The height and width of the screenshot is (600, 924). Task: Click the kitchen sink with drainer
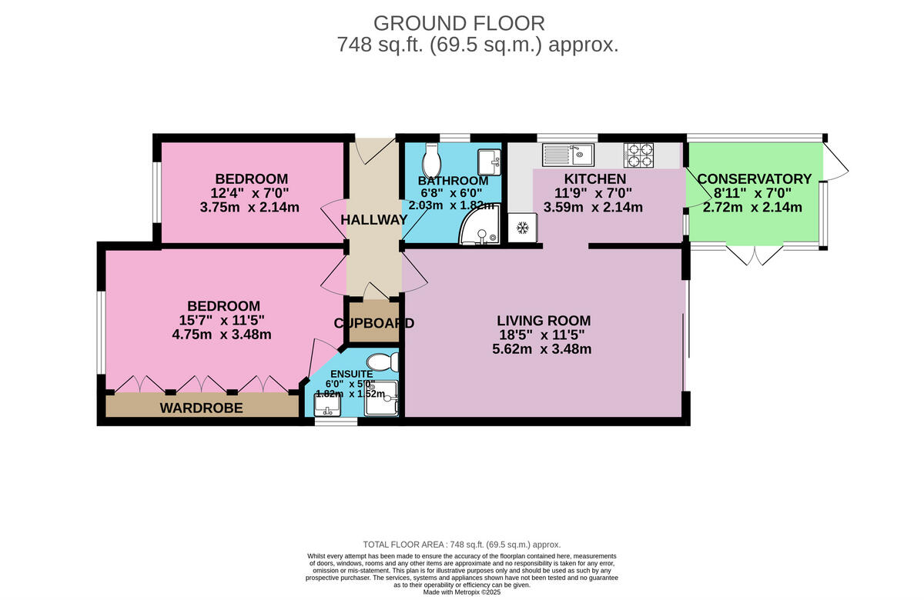click(568, 155)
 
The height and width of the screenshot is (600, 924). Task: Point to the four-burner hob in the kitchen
click(638, 155)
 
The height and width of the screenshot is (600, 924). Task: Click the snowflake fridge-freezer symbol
click(522, 228)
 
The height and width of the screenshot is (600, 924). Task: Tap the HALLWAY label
click(374, 220)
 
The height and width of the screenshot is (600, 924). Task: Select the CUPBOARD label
click(374, 323)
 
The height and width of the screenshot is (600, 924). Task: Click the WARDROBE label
click(201, 408)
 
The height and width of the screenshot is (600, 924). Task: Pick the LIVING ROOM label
click(544, 321)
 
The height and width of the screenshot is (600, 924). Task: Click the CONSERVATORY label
click(755, 179)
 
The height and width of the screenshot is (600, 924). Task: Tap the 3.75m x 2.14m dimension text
click(252, 207)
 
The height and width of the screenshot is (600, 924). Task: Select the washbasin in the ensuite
click(326, 402)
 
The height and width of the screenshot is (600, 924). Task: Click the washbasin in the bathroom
click(488, 162)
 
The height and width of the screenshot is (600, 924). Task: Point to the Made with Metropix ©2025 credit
click(462, 592)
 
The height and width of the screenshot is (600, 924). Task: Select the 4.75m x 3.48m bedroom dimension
click(222, 335)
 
